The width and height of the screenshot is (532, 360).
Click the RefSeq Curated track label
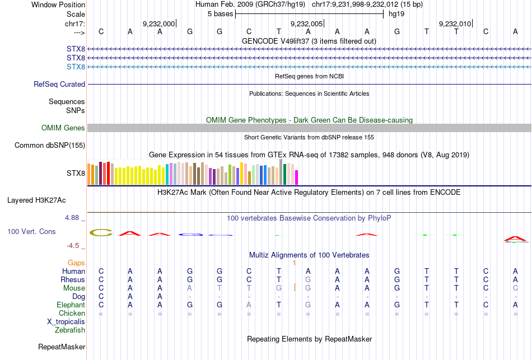(x=59, y=84)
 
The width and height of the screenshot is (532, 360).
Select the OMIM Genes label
(x=63, y=128)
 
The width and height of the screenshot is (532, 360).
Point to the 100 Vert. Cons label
(x=31, y=231)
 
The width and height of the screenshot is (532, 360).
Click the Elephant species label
(x=71, y=305)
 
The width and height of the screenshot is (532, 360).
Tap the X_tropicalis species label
(x=66, y=322)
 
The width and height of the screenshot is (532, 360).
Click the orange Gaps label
(x=76, y=263)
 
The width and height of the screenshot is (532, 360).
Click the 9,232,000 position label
(x=158, y=24)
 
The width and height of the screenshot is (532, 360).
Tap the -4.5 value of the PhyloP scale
(x=75, y=245)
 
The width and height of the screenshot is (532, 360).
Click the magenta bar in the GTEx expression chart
(x=296, y=177)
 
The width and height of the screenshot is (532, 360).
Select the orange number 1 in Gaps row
(x=294, y=263)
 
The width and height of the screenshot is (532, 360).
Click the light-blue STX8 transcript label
(x=76, y=67)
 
